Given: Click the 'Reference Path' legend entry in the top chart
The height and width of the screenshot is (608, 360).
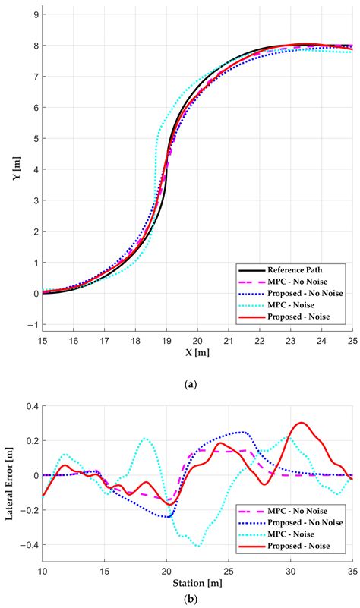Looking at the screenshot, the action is pos(295,270).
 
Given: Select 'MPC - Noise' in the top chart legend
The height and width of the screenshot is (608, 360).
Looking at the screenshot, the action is pos(291,305).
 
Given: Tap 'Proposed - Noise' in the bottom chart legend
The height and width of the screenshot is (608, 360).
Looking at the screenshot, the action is pos(298,546).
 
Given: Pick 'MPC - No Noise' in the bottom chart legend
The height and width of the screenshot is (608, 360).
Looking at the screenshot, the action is pos(297,511).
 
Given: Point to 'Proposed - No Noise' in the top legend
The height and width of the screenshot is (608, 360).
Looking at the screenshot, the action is pos(305,293).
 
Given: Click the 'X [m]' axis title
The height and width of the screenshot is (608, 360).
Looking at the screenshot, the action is pos(197,352).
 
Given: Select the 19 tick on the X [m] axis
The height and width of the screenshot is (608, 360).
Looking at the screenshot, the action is pos(166,341).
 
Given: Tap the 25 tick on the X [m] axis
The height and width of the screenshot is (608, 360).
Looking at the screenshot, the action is pos(352,341).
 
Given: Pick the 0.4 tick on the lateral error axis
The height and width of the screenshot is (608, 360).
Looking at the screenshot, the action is pos(33,405).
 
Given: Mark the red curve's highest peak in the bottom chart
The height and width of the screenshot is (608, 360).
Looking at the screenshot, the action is pos(302,423).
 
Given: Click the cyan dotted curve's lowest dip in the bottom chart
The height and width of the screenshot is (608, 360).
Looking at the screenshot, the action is pos(198,546).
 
